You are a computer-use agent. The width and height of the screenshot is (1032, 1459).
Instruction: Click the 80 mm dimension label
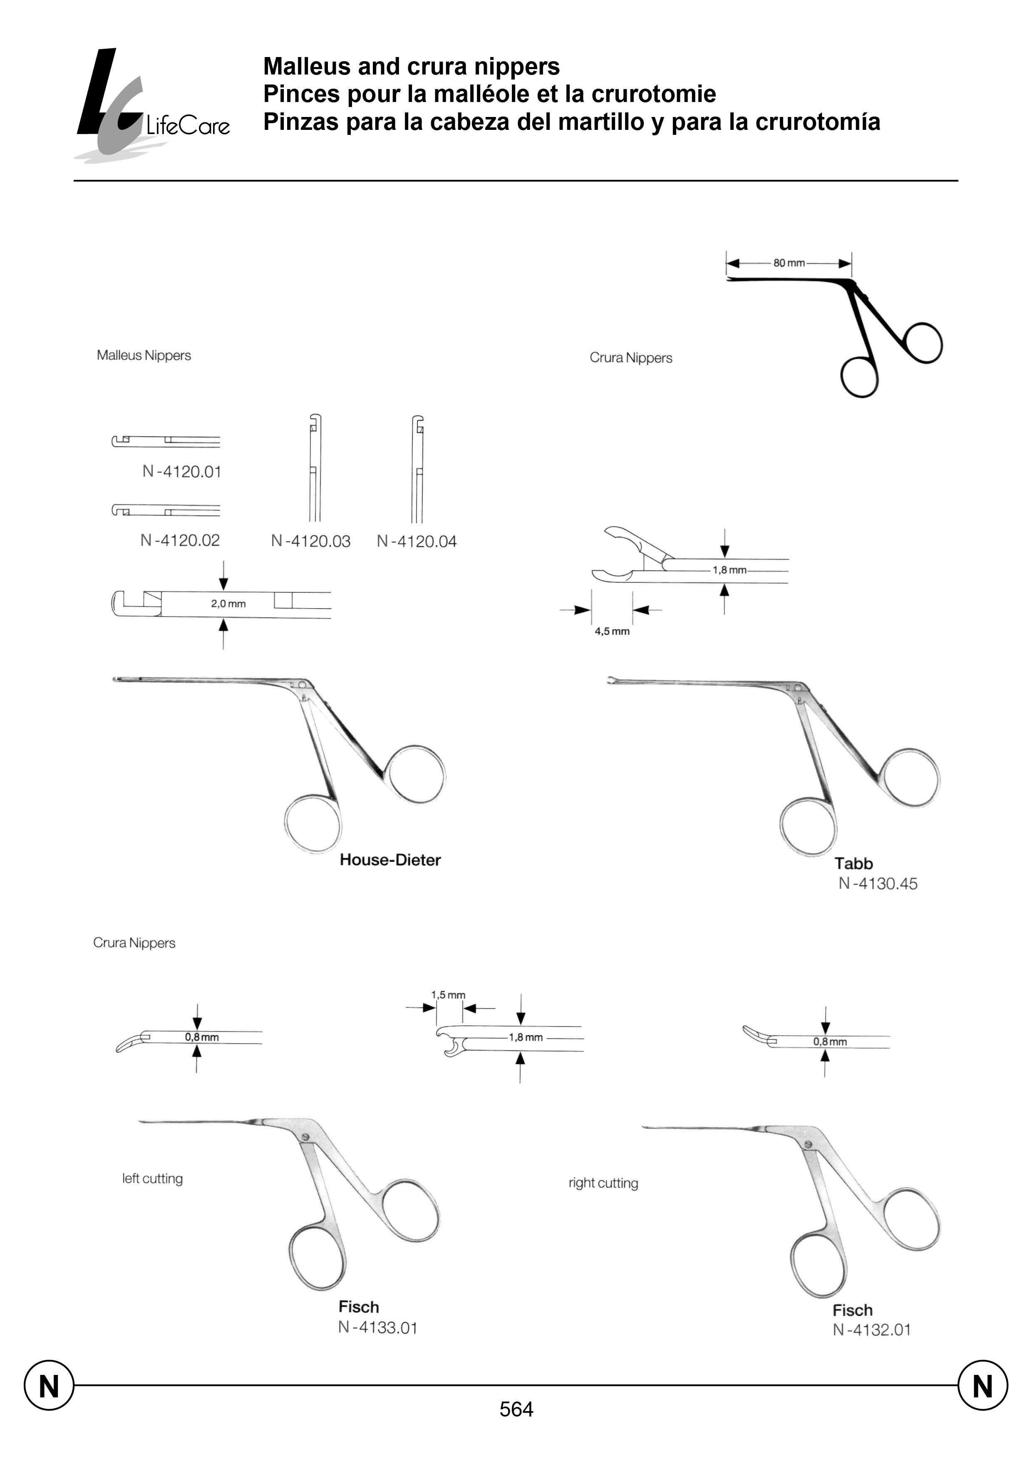789,263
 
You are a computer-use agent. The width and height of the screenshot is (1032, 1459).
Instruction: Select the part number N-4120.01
182,472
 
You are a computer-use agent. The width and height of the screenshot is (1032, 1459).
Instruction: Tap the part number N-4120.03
311,541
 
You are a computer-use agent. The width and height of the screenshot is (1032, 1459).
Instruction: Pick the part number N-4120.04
417,542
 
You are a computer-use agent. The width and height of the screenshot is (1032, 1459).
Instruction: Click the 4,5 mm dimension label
612,631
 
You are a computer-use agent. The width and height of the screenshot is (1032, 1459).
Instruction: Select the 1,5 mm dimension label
448,995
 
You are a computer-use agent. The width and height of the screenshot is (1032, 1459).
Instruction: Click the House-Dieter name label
390,860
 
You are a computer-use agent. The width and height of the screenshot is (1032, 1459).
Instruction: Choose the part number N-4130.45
878,884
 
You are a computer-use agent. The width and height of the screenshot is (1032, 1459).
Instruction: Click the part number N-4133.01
377,1327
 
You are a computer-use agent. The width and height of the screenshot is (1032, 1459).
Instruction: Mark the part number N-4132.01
872,1330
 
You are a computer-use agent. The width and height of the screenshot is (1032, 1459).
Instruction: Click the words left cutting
153,1178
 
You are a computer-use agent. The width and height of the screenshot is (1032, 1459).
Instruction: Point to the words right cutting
603,1183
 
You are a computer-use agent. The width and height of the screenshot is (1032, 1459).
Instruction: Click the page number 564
516,1409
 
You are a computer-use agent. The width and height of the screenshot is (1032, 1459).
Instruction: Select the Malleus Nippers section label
144,355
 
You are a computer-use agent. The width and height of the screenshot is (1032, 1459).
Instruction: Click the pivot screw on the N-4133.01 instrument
306,1137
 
